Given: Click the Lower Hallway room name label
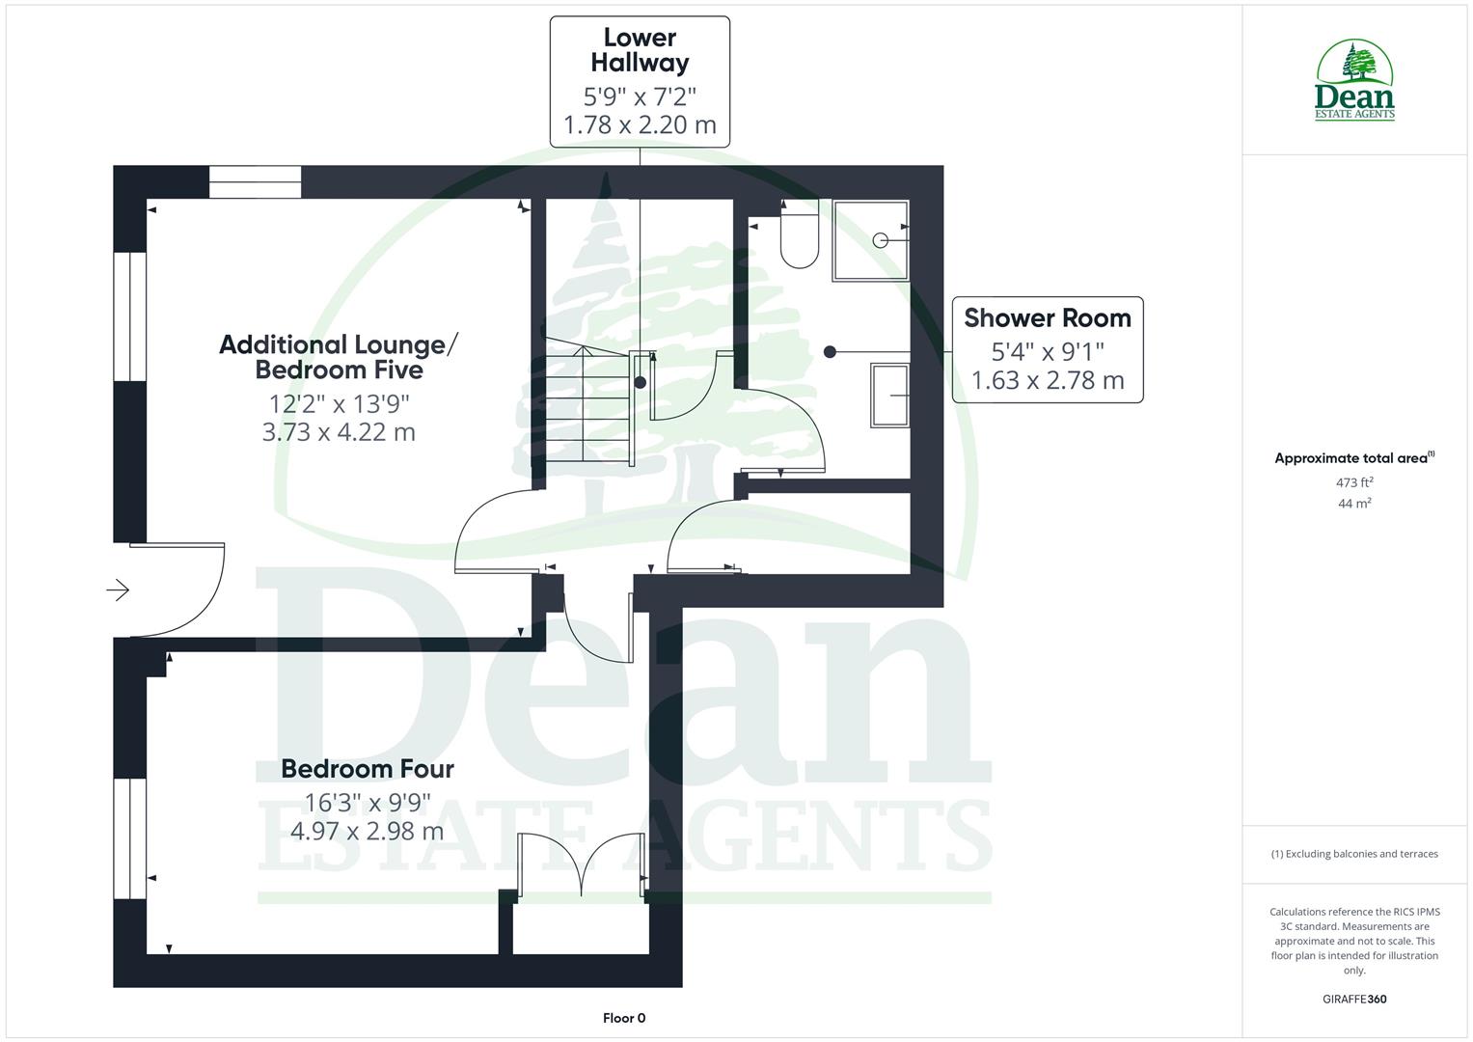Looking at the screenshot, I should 640,50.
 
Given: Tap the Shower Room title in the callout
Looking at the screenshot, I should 1047,317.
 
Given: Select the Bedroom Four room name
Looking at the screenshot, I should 368,769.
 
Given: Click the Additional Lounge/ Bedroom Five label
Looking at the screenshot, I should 339,357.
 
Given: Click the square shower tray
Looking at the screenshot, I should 871,240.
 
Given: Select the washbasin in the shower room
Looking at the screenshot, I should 890,395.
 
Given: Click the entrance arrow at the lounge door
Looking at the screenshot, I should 118,590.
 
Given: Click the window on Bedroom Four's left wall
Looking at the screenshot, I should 129,838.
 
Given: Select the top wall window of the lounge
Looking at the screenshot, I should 255,182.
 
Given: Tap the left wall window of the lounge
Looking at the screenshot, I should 129,316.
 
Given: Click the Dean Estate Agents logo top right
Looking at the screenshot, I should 1354,81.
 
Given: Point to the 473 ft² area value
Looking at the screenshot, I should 1354,482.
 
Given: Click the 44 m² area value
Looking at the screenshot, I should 1354,504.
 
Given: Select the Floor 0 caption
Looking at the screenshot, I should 624,1018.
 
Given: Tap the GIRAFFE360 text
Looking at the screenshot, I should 1354,999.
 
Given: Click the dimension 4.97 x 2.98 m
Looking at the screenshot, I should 367,831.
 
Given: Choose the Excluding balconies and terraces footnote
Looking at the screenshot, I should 1354,854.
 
